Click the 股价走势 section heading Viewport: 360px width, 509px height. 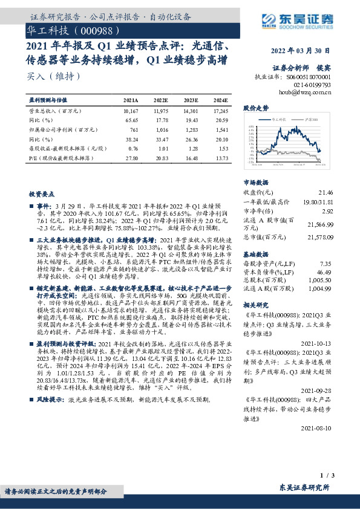tap(255, 108)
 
